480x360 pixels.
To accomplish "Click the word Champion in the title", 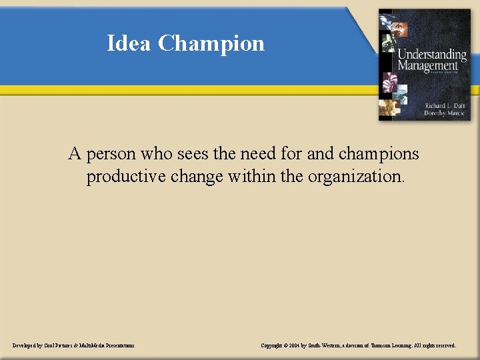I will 211,44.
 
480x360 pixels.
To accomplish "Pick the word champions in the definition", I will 379,154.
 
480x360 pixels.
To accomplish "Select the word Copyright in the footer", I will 272,346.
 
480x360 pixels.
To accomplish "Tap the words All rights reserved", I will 438,346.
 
